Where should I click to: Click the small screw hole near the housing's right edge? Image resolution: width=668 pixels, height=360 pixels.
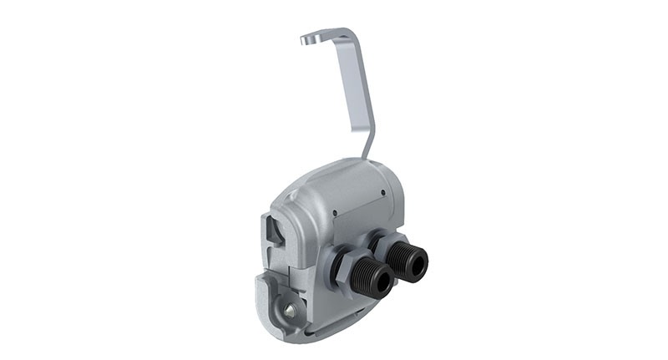pyautogui.click(x=382, y=193)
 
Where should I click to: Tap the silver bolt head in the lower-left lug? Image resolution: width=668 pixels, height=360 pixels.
pyautogui.click(x=288, y=311)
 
